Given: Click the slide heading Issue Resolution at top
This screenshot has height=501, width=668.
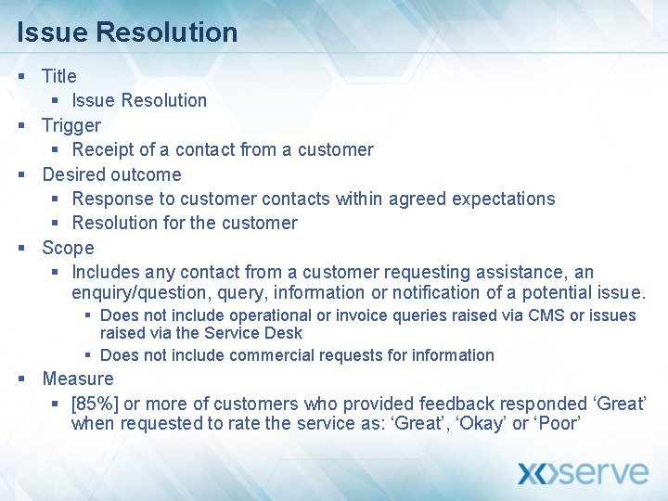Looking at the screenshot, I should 127,32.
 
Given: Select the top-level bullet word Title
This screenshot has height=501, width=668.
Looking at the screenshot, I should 59,76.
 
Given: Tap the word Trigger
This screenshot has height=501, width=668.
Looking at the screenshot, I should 71,125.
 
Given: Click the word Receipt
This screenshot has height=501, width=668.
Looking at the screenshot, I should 102,149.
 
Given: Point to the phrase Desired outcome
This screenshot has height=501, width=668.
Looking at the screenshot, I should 111,174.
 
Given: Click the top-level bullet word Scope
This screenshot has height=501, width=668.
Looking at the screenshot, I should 68,248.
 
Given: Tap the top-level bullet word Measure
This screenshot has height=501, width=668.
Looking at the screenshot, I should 78,379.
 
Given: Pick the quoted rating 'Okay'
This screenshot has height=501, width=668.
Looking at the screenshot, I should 477,424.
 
